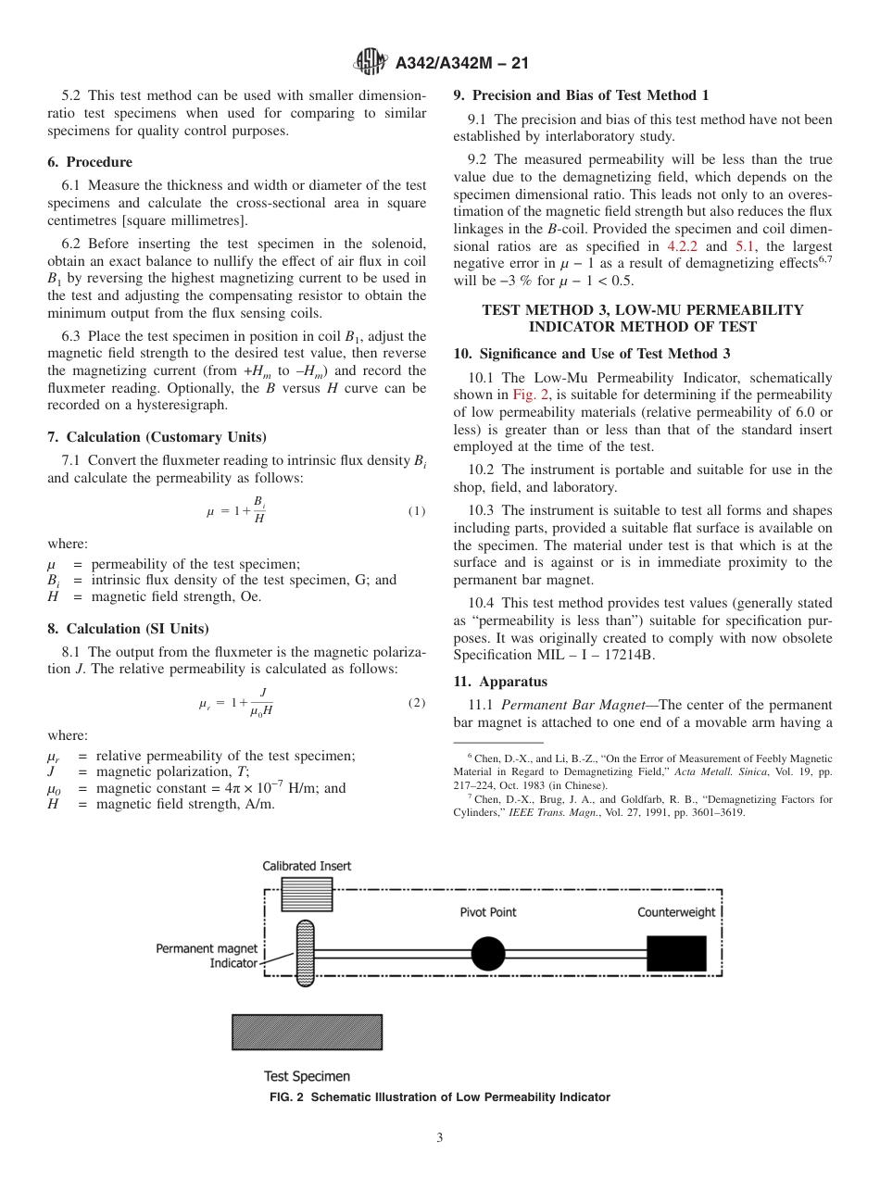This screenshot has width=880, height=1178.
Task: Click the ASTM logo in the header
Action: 371,63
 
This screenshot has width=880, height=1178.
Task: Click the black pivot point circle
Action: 488,953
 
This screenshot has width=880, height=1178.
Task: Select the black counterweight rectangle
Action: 676,953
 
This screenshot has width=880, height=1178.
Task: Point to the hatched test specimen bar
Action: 307,1032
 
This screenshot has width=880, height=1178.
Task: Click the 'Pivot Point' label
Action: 488,912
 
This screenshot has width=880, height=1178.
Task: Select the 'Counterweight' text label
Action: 676,912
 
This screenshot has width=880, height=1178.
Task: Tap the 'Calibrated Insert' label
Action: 307,866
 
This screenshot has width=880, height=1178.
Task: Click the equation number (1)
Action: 416,511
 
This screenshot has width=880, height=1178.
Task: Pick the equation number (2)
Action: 416,703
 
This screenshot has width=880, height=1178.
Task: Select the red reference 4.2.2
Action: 685,246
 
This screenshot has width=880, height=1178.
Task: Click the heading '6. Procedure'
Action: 90,162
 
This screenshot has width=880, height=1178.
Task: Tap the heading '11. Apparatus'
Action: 500,681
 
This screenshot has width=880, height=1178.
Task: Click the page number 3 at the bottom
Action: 440,1138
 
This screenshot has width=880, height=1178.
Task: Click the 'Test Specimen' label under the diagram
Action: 307,1076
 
